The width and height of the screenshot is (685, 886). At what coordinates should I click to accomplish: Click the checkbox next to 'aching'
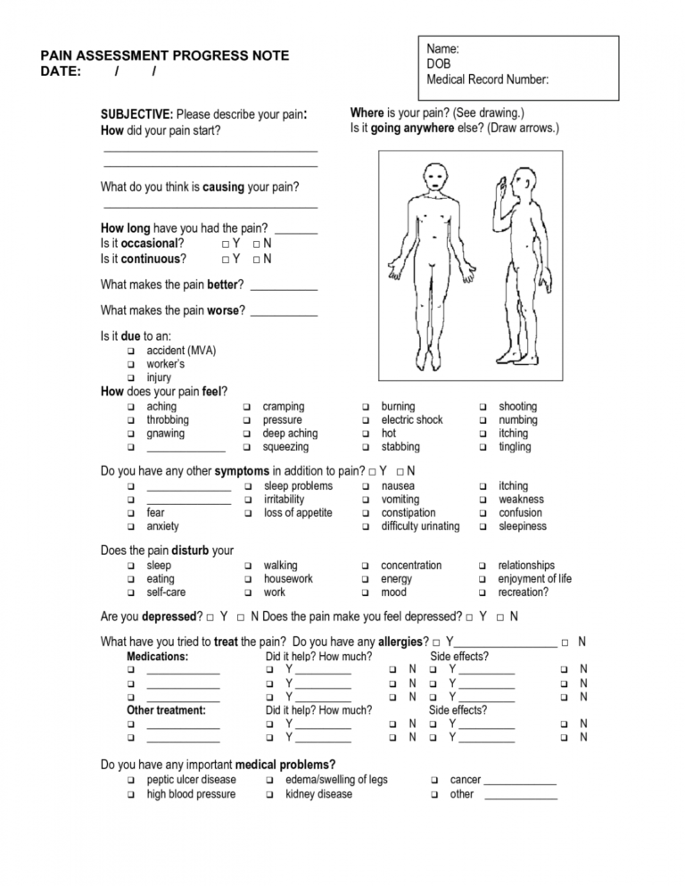coord(130,407)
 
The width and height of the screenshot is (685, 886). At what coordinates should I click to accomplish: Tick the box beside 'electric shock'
coord(366,420)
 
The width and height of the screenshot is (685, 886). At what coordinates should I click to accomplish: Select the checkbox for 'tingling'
coord(483,447)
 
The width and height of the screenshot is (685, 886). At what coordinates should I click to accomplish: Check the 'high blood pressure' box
coord(130,795)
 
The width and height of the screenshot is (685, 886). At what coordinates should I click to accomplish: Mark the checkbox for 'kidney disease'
coord(269,795)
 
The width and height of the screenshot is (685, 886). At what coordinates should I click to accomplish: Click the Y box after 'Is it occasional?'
coord(226,244)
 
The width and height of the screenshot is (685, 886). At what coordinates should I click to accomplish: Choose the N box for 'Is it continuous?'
coord(257,260)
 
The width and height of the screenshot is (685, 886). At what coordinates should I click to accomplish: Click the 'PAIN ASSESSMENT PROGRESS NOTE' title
coord(165,55)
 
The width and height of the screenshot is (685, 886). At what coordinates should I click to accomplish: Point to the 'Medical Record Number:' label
coord(488,80)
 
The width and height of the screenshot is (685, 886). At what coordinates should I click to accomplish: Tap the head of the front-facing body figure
coord(434,177)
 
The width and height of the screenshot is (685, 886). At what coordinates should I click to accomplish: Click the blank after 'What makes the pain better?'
coord(284,288)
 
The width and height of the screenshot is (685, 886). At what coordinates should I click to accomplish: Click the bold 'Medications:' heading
coord(158,657)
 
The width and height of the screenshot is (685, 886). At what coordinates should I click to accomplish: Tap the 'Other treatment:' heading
coord(167,710)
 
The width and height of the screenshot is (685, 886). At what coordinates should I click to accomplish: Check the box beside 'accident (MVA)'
coord(130,352)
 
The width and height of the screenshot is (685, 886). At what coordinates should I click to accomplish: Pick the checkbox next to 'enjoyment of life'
coord(483,579)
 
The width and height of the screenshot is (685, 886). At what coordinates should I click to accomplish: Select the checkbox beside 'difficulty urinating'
coord(366,526)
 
